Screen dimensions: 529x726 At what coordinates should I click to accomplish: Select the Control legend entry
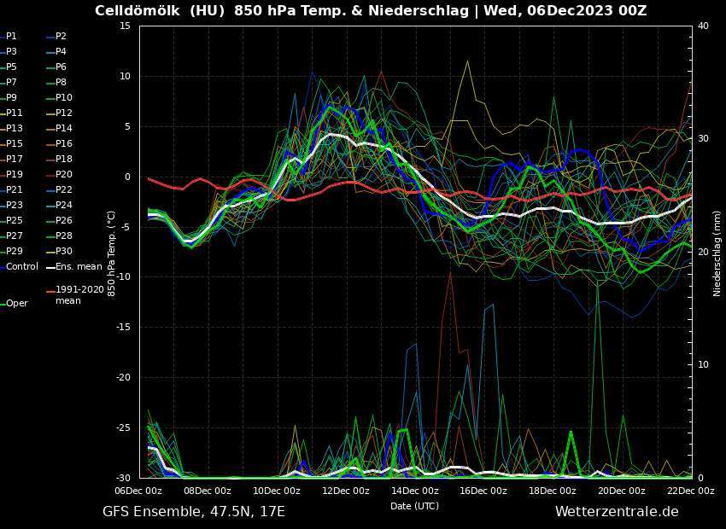tap(21, 266)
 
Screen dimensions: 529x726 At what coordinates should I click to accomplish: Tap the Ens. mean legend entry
tap(78, 266)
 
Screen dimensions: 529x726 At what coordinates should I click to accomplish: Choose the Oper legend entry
tap(16, 303)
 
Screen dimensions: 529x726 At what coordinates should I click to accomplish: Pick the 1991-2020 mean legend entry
tap(79, 295)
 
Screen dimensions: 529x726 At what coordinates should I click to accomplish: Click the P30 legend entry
tap(63, 251)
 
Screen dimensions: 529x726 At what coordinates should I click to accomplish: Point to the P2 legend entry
tap(61, 36)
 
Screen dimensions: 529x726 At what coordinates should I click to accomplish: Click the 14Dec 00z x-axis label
tap(414, 491)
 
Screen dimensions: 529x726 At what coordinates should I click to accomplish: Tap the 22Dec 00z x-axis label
tap(690, 491)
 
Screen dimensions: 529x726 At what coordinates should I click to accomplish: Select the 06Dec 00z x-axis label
tap(138, 491)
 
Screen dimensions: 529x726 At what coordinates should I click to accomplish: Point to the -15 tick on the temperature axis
tap(123, 327)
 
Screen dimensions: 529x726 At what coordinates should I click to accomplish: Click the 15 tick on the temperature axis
tap(124, 26)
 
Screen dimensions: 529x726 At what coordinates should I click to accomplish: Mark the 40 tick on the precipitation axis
tap(703, 26)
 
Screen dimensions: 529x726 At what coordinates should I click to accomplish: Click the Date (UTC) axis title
tap(414, 506)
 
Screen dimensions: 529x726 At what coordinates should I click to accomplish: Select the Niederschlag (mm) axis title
tap(717, 253)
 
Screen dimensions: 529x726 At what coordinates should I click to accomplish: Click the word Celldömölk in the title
tap(138, 11)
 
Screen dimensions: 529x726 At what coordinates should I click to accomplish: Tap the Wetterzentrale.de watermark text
tap(617, 512)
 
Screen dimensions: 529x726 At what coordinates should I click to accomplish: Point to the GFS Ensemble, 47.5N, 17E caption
tap(194, 512)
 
